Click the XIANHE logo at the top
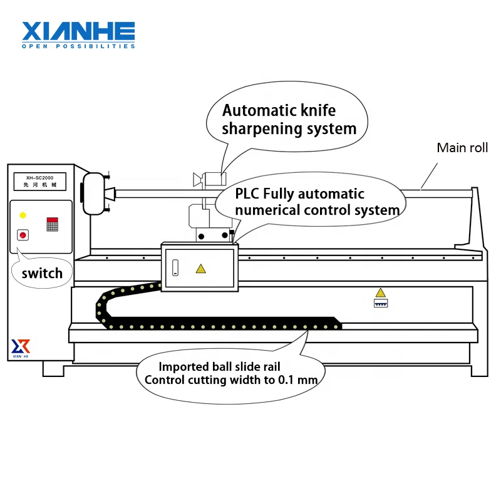78,31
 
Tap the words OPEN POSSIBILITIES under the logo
78,46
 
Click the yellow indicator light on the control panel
23,215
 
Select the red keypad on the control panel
52,224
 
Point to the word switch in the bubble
42,273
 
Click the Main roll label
462,148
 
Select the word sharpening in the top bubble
261,130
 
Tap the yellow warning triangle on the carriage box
200,269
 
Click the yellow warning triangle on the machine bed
380,292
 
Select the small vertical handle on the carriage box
176,268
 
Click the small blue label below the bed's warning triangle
380,303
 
